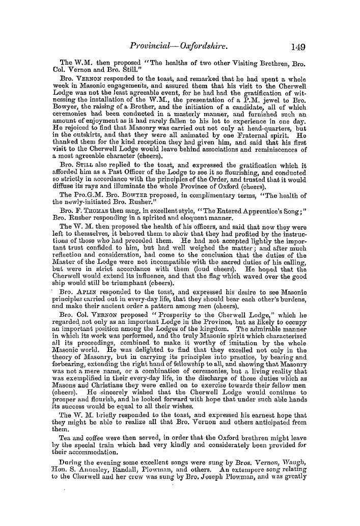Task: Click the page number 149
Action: (295, 47)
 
